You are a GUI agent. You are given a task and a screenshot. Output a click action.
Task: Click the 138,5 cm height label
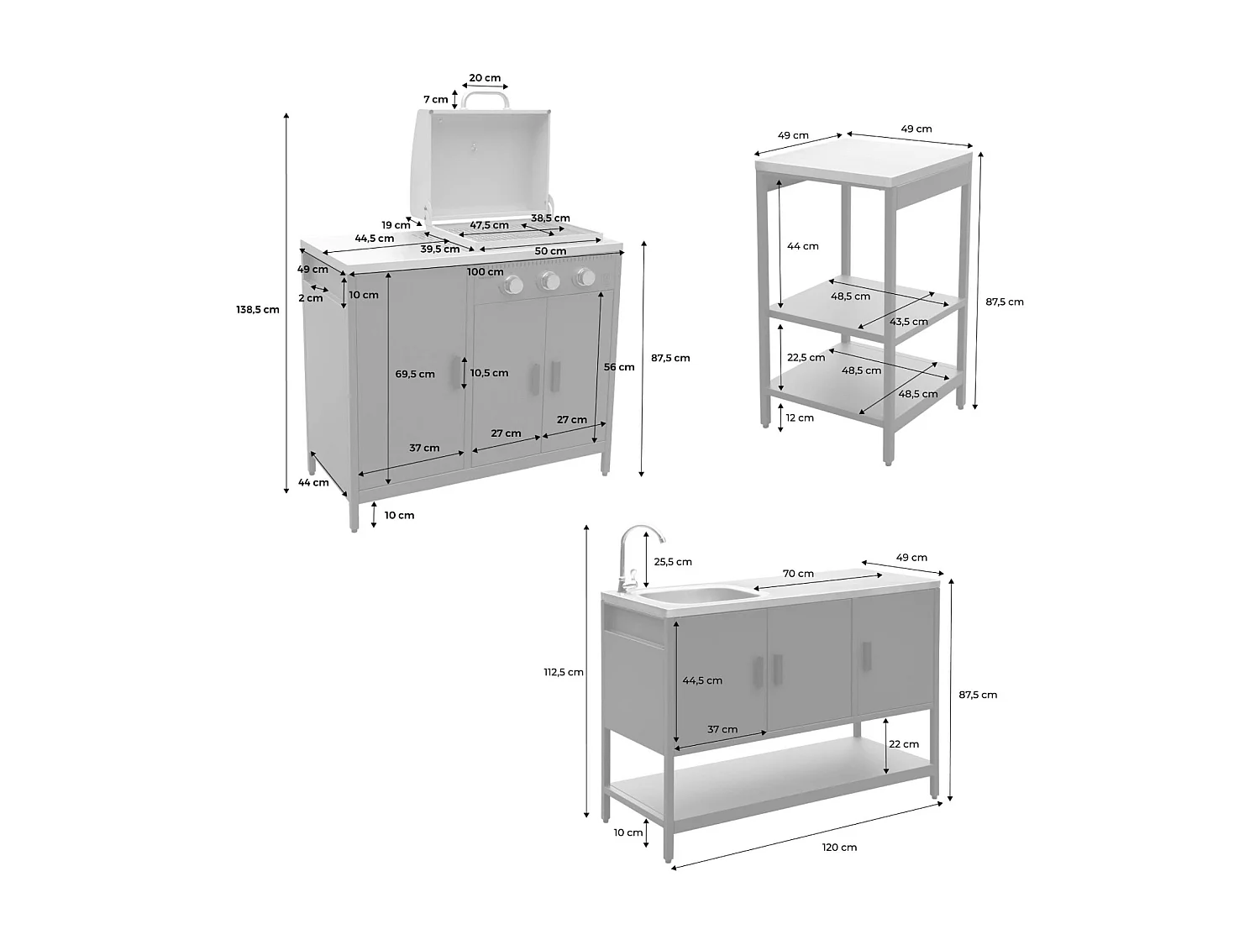pyautogui.click(x=257, y=309)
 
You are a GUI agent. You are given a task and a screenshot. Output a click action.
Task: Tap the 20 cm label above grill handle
pyautogui.click(x=485, y=78)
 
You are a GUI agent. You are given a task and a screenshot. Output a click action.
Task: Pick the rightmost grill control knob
pyautogui.click(x=585, y=277)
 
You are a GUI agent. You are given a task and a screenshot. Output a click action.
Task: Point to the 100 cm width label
pyautogui.click(x=485, y=271)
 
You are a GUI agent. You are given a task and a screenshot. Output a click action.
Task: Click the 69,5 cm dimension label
pyautogui.click(x=415, y=374)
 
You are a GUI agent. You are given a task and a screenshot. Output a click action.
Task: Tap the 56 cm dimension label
pyautogui.click(x=619, y=367)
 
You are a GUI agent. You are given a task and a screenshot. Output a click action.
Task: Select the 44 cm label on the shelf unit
pyautogui.click(x=802, y=246)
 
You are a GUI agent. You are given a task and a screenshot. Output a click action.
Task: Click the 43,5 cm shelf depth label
pyautogui.click(x=909, y=322)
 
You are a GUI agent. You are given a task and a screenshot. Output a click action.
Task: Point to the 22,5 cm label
pyautogui.click(x=806, y=357)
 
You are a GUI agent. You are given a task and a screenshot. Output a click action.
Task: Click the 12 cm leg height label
pyautogui.click(x=800, y=417)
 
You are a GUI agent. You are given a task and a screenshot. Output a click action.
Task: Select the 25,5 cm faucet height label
pyautogui.click(x=673, y=562)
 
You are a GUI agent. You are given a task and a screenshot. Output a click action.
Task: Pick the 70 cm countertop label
pyautogui.click(x=798, y=574)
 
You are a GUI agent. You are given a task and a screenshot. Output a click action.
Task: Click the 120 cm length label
pyautogui.click(x=839, y=847)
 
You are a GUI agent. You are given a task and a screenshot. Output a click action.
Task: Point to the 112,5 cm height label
pyautogui.click(x=564, y=672)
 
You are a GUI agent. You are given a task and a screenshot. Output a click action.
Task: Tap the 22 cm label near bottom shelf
pyautogui.click(x=904, y=744)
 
